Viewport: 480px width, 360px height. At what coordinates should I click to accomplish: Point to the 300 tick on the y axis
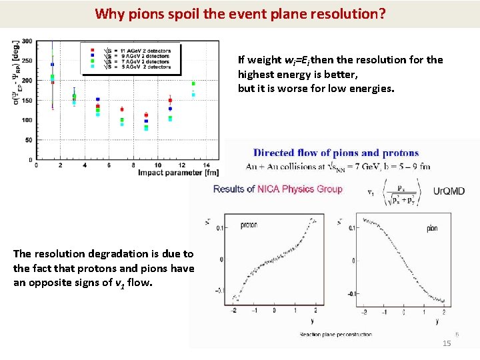pyautogui.click(x=26, y=41)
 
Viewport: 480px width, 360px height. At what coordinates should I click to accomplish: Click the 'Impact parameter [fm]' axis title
pyautogui.click(x=179, y=173)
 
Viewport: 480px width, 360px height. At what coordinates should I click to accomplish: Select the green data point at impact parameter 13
pyautogui.click(x=193, y=84)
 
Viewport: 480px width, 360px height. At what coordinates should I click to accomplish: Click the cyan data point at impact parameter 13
pyautogui.click(x=193, y=95)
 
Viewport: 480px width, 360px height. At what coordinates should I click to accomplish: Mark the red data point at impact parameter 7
pyautogui.click(x=121, y=109)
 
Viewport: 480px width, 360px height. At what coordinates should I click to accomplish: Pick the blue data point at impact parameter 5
pyautogui.click(x=98, y=99)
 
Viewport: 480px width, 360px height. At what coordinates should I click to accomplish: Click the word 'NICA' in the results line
pyautogui.click(x=271, y=189)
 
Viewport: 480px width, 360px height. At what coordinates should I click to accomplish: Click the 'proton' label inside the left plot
pyautogui.click(x=249, y=225)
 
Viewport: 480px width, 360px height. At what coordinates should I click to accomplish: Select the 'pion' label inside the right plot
pyautogui.click(x=432, y=229)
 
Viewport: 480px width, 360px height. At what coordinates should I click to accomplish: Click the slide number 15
pyautogui.click(x=447, y=343)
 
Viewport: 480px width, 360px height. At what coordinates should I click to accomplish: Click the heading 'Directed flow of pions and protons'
pyautogui.click(x=336, y=153)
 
